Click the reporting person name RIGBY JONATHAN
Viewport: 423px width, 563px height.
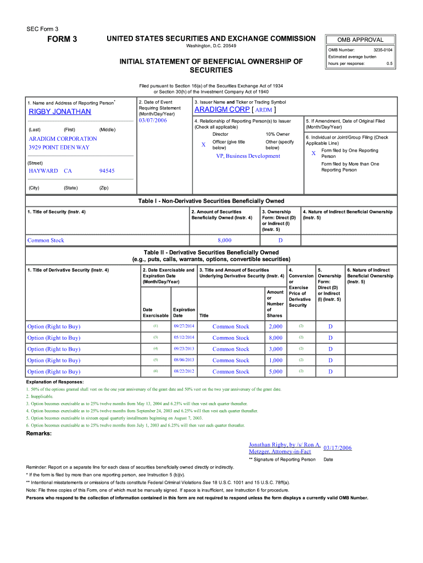click(x=60, y=112)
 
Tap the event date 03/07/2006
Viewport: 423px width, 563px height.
click(x=153, y=120)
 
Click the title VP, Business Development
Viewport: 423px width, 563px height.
click(x=248, y=156)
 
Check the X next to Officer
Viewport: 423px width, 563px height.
click(x=203, y=145)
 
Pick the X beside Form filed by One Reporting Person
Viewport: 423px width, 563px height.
click(x=313, y=153)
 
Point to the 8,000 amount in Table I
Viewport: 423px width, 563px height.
click(x=224, y=240)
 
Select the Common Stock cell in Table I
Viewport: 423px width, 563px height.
click(x=46, y=240)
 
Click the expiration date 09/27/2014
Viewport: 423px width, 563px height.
click(x=184, y=327)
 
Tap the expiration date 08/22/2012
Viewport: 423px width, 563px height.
click(x=184, y=372)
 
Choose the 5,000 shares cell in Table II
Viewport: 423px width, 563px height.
click(x=275, y=372)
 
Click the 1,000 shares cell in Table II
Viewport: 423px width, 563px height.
click(x=275, y=360)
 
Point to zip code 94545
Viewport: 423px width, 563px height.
click(x=107, y=171)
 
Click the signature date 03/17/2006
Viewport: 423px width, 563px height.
click(x=338, y=448)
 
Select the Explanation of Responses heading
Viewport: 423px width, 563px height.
click(x=55, y=382)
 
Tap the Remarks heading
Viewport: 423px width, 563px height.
click(x=40, y=434)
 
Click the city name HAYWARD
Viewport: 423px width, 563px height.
click(x=43, y=171)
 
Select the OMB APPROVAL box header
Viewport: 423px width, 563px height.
click(x=360, y=40)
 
